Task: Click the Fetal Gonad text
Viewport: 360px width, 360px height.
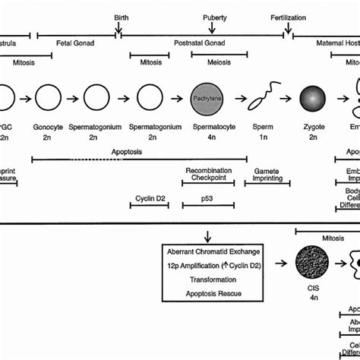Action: [x=75, y=43]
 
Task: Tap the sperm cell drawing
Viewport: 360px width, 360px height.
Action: [x=255, y=99]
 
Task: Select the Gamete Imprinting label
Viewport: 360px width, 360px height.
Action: [x=268, y=175]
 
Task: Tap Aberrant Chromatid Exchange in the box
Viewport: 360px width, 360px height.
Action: [x=213, y=251]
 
